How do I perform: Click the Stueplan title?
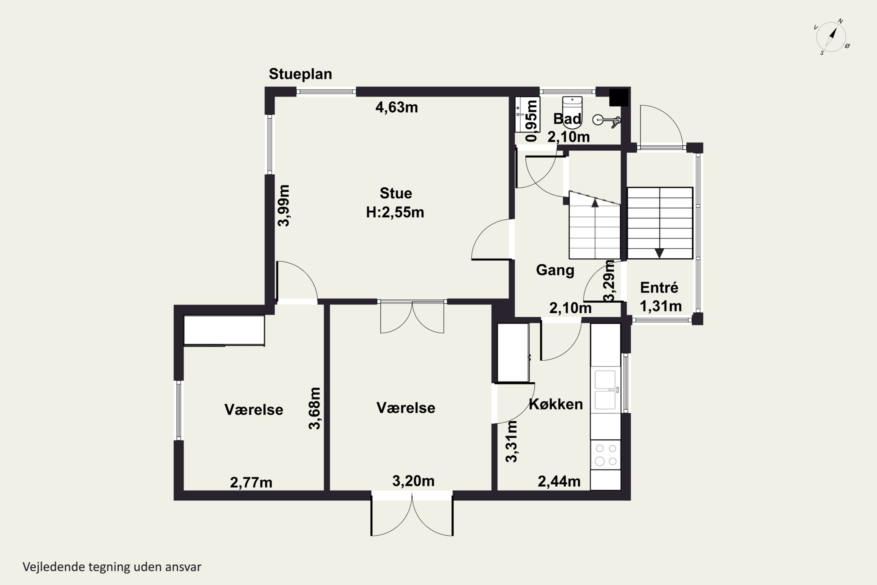click(x=300, y=74)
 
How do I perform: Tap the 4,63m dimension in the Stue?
click(x=396, y=107)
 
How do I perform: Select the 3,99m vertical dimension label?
click(x=283, y=206)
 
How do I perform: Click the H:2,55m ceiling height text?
click(x=395, y=212)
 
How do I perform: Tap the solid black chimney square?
click(x=619, y=97)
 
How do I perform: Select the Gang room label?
click(x=555, y=270)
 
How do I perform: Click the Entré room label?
click(x=659, y=287)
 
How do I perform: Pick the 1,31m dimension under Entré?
click(x=661, y=306)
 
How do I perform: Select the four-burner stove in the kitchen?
click(x=605, y=455)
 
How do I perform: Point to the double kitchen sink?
click(x=605, y=390)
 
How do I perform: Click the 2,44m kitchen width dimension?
click(x=559, y=481)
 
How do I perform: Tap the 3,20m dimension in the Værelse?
click(x=413, y=481)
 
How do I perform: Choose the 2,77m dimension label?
click(x=251, y=482)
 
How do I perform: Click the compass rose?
click(x=831, y=37)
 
